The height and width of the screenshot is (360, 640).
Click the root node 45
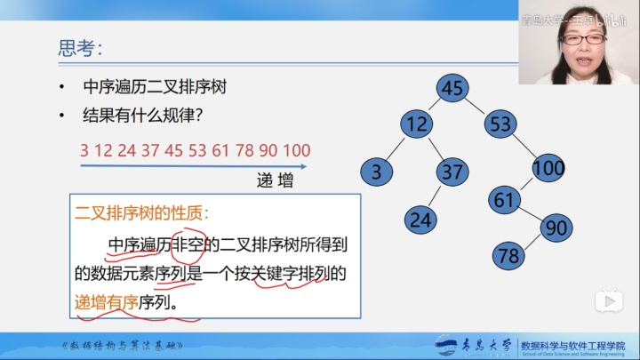(452, 88)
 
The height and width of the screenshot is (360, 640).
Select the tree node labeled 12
(414, 124)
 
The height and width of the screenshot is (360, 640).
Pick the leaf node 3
(376, 172)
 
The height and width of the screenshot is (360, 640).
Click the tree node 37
(452, 172)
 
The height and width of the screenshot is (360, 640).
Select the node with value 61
(505, 200)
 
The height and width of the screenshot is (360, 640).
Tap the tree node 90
(556, 228)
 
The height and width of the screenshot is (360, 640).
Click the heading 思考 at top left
(79, 47)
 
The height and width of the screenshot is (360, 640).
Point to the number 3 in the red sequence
(84, 150)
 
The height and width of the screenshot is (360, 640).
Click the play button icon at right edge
(609, 301)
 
